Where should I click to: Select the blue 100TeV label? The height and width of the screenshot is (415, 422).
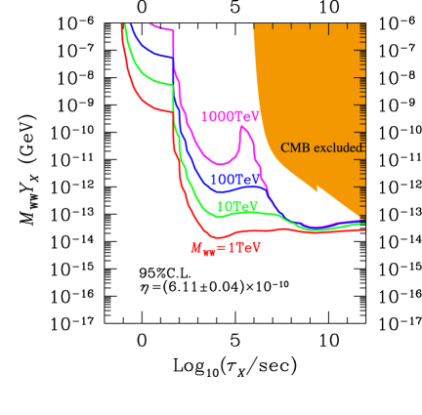point(236,181)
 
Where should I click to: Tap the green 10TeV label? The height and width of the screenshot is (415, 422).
point(237,207)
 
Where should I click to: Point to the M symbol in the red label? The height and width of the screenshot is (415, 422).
point(196,248)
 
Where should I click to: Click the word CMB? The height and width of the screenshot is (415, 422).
point(295,147)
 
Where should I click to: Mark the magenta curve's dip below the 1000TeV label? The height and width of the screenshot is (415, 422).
point(223,164)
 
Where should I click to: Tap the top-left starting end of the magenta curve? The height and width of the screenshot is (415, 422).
point(150,23)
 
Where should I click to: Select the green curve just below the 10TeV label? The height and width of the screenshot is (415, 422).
point(237,214)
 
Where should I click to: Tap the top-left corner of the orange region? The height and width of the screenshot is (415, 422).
point(254,24)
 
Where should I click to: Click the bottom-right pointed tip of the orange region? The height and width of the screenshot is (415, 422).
point(363,218)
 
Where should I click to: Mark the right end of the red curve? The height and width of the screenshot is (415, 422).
point(364,229)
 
